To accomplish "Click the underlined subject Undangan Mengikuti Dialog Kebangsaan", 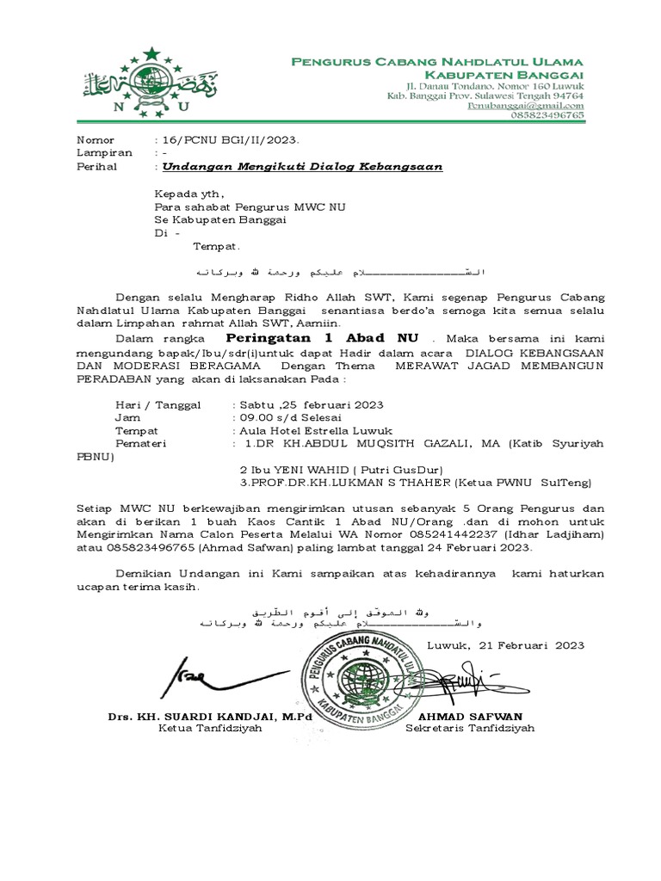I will [x=303, y=167].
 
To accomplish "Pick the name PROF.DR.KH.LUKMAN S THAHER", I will [x=344, y=483].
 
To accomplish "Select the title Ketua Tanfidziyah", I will [x=209, y=728].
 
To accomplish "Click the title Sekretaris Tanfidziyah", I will [x=470, y=728].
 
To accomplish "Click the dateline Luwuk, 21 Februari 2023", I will [x=505, y=645].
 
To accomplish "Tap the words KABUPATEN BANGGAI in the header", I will [x=524, y=76].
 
